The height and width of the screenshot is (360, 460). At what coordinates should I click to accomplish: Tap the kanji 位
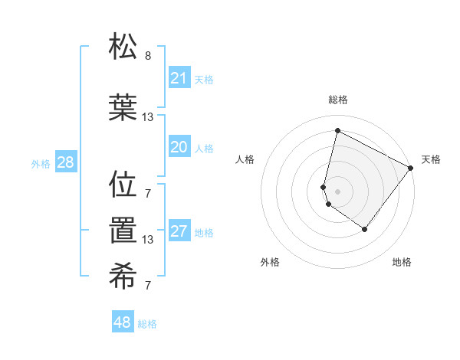(x=123, y=184)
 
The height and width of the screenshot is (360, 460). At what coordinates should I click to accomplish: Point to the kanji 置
(x=123, y=231)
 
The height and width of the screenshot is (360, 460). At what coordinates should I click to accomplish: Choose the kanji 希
(x=123, y=277)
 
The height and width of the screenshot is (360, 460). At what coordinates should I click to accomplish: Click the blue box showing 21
(x=179, y=78)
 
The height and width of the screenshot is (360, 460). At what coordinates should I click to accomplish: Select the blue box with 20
(x=179, y=148)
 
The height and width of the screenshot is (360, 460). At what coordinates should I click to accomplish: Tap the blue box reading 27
(x=179, y=232)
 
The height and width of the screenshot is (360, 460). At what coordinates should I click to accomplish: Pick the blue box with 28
(x=65, y=162)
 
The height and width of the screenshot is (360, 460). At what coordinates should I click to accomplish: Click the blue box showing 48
(x=123, y=322)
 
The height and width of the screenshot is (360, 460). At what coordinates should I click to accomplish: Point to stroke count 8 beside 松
(x=148, y=56)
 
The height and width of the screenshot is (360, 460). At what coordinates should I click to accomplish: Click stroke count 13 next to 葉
(x=148, y=117)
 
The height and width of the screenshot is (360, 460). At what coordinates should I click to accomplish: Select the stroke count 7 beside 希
(x=148, y=286)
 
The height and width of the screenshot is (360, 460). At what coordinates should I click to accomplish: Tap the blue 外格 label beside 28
(x=41, y=163)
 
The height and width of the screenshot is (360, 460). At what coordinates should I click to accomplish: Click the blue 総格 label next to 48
(x=147, y=324)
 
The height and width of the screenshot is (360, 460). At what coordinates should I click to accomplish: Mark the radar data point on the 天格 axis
(x=412, y=168)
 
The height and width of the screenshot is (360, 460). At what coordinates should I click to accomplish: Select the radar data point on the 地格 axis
(x=365, y=229)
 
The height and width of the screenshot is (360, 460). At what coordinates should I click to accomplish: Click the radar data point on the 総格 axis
(x=337, y=130)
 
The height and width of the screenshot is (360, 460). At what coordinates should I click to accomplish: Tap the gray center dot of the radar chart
(x=337, y=191)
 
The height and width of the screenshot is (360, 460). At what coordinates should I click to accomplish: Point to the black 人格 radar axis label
(x=245, y=159)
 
